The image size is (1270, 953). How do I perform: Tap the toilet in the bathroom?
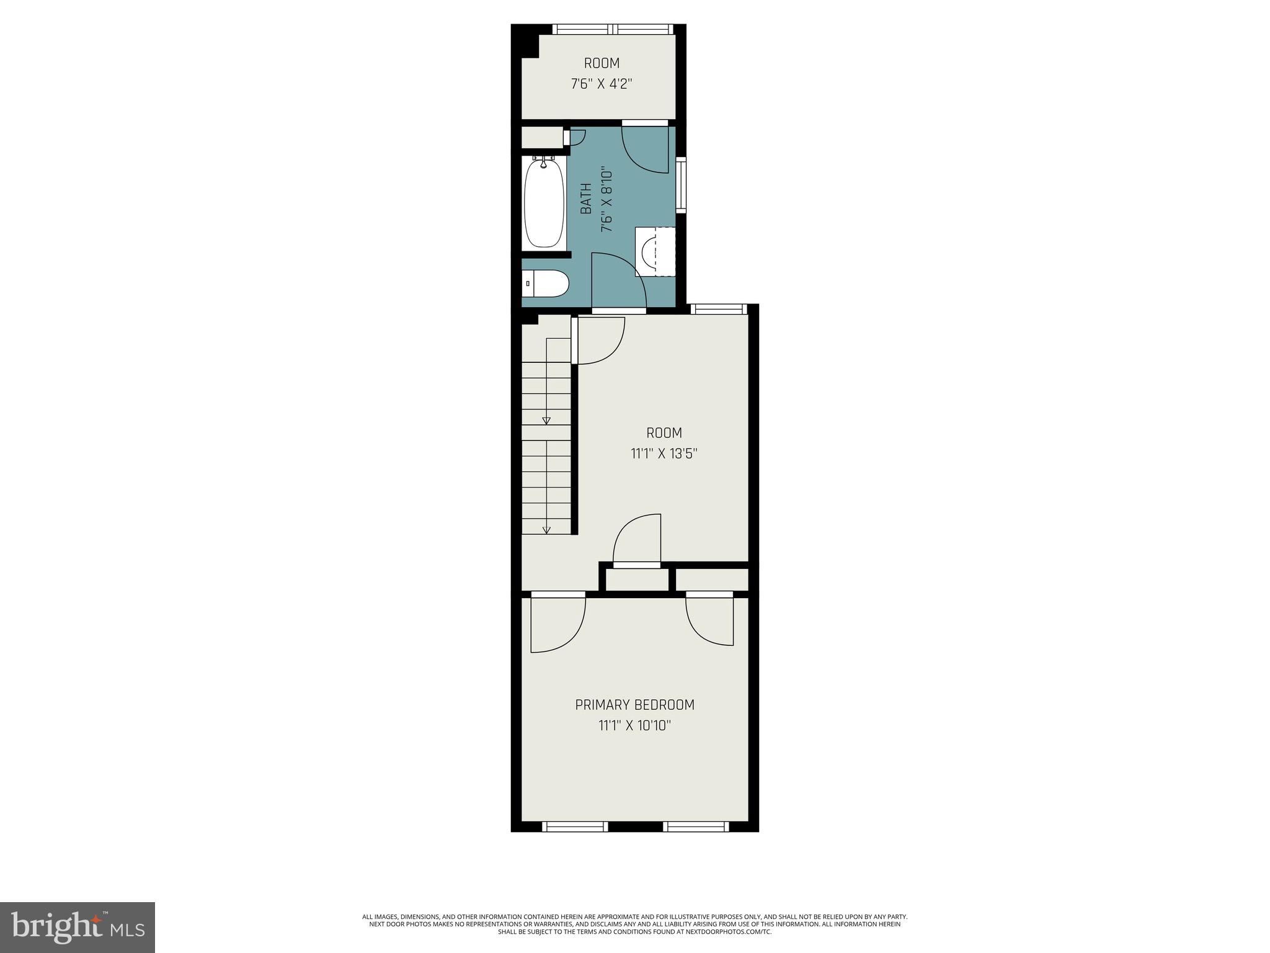546,285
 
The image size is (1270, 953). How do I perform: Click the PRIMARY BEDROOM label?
634,705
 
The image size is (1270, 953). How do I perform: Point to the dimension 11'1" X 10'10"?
634,725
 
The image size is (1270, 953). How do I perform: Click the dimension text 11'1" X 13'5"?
664,454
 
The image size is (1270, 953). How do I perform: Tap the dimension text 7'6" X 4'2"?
601,84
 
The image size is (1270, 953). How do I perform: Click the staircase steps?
546,447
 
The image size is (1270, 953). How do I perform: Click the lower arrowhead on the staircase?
546,530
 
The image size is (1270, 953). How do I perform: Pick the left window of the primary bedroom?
575,826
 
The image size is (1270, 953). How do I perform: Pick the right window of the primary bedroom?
696,826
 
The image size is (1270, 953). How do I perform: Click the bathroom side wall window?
682,186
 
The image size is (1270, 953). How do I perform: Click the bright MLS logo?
77,927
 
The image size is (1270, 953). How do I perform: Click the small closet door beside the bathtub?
574,137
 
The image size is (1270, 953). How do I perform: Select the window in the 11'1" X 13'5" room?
718,309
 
